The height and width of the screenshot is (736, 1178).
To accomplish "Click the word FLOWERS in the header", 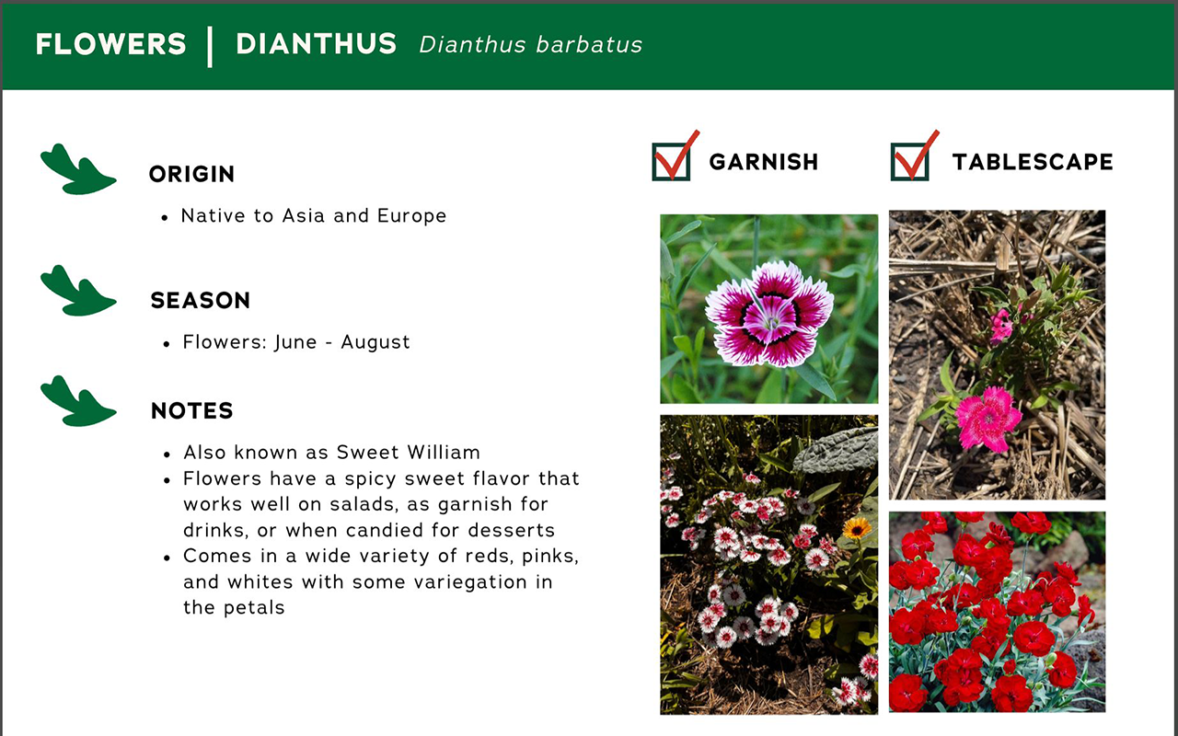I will click(x=110, y=44).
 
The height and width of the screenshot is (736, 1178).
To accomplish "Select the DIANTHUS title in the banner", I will click(x=316, y=44).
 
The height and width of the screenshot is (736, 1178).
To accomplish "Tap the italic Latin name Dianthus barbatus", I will click(x=530, y=45).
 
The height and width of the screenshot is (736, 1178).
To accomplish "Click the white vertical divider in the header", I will click(x=210, y=46).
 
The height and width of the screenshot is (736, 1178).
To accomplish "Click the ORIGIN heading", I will click(x=191, y=174).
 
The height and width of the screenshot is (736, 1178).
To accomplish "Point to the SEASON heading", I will click(x=200, y=301).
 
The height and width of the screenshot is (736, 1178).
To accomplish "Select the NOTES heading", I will click(x=191, y=411).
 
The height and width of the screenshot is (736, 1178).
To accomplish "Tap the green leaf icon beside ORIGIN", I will click(x=77, y=169).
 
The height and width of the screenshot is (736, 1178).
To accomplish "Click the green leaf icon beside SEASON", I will click(x=77, y=291).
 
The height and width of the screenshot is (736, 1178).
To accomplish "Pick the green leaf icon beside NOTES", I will click(x=77, y=401).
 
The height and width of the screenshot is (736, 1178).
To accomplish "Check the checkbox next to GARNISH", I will click(x=671, y=161).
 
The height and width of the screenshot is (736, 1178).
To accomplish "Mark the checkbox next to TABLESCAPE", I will click(x=910, y=161).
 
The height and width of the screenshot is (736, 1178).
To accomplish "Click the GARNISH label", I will click(x=763, y=162).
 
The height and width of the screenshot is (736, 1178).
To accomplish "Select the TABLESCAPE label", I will click(x=1032, y=162).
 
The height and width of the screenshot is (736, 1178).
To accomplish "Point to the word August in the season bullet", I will click(x=375, y=342).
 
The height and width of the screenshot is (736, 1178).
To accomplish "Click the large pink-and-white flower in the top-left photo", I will click(x=769, y=314).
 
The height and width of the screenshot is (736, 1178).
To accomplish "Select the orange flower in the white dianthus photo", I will click(x=857, y=528).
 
